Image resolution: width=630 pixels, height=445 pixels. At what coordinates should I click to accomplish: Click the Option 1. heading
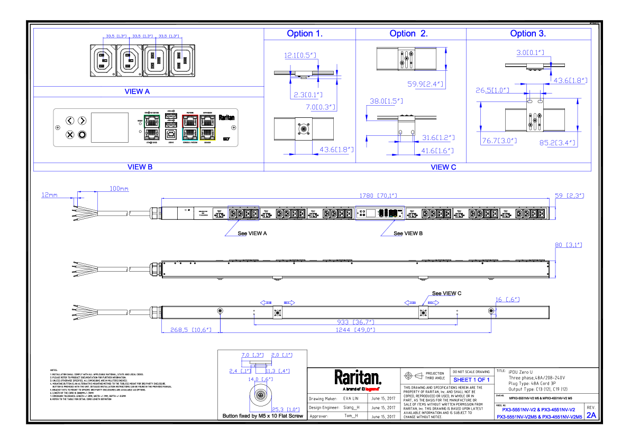coord(305,34)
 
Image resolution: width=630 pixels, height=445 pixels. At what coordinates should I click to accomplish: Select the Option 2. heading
coord(408,34)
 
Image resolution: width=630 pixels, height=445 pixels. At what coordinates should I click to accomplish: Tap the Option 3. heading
coord(528,34)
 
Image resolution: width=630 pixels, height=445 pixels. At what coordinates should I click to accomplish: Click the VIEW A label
coord(137,92)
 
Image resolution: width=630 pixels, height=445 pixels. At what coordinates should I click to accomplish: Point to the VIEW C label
coord(443,168)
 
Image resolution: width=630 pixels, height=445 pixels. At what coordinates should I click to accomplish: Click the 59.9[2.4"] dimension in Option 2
coord(425,84)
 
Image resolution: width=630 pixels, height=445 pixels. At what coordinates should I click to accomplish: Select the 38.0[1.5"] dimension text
coord(386,101)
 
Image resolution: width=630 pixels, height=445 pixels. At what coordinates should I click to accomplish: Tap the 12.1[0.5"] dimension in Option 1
coord(300,55)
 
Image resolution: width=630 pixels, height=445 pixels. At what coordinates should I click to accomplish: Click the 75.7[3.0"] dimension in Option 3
coord(499,142)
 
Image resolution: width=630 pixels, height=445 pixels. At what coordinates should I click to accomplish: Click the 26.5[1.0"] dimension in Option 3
coord(492,90)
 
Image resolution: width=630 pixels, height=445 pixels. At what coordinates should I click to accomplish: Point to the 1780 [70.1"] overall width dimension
coord(378,196)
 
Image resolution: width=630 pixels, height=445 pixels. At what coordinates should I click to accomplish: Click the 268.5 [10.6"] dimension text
coord(191,330)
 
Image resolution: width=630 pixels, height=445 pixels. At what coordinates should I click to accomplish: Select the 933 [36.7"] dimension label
coord(355,322)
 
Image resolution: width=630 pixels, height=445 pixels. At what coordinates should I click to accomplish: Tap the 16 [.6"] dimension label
coord(507,300)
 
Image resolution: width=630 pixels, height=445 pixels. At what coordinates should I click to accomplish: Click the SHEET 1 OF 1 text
coord(472,380)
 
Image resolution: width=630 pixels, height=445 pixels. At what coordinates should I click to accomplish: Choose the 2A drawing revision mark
coord(591,415)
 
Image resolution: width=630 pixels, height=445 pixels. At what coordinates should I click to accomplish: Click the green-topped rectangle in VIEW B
coord(152,127)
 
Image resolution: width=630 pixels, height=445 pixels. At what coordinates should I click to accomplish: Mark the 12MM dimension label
coord(49,195)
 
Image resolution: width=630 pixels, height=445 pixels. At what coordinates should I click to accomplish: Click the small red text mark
coord(372,390)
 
